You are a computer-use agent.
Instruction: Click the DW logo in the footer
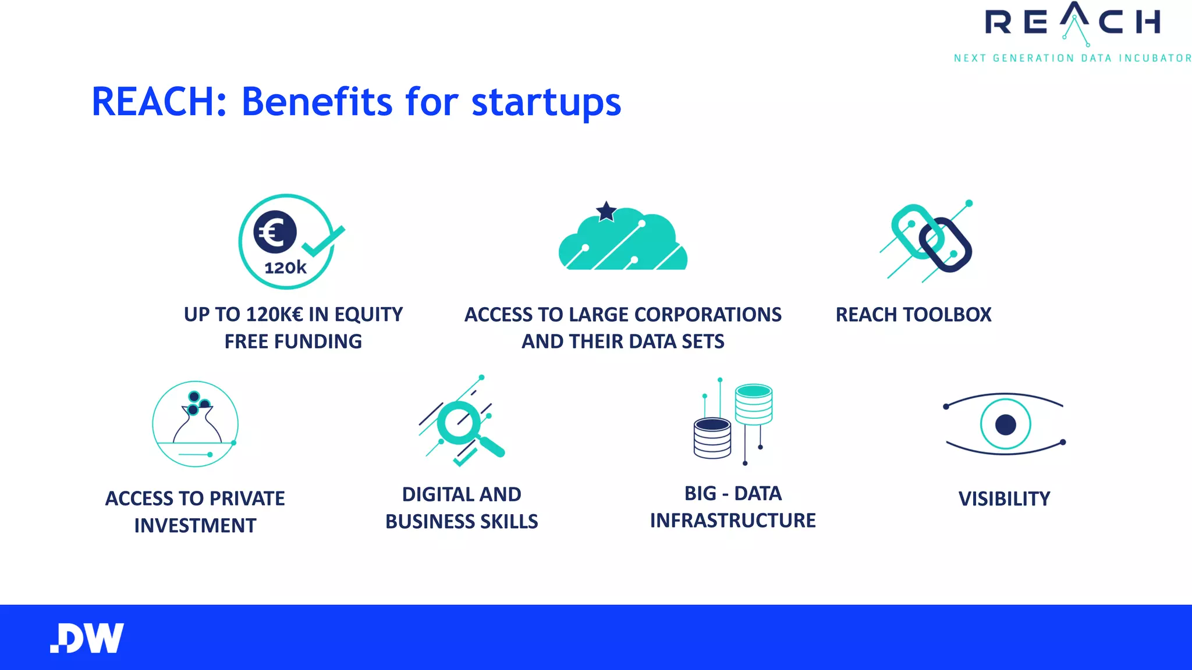coord(87,638)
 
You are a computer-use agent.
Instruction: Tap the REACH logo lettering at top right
coord(1072,23)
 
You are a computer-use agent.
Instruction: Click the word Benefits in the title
coord(317,102)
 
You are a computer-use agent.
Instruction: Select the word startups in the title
coord(546,103)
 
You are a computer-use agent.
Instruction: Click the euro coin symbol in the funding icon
coord(275,232)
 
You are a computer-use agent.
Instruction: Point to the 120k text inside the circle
coord(285,268)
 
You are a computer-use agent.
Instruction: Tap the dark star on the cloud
coord(606,212)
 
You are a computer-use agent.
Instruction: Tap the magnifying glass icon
coord(466,425)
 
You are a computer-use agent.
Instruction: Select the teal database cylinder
coord(754,404)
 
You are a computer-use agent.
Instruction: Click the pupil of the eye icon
coord(1005,425)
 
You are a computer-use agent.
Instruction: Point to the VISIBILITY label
coord(1004,498)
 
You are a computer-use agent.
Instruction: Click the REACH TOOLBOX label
coord(913,315)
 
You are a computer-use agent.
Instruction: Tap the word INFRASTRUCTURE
coord(733,520)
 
